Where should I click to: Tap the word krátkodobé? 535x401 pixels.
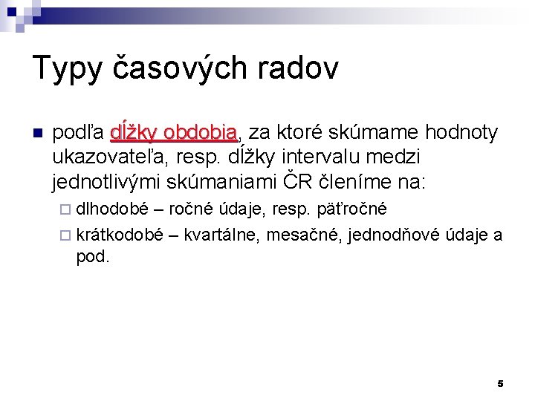tap(120, 235)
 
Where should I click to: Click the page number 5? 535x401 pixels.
tap(500, 383)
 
